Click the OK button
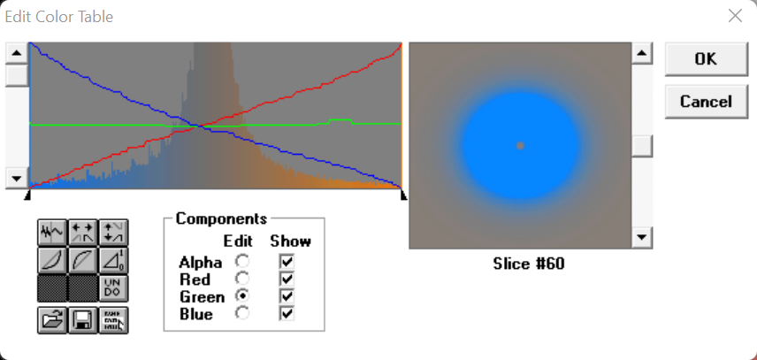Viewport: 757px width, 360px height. tap(707, 59)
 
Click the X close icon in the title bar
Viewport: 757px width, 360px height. tap(735, 16)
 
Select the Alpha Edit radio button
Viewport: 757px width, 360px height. tap(242, 262)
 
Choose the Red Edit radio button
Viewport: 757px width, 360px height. tap(242, 279)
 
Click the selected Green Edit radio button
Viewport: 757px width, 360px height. tap(242, 295)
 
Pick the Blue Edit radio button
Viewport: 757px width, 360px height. tap(242, 313)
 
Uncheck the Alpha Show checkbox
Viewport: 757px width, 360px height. tap(287, 262)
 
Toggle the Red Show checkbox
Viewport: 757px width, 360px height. tap(287, 279)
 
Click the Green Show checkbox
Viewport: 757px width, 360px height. tap(287, 295)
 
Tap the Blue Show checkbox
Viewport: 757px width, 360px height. tap(287, 313)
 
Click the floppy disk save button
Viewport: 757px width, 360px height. tap(83, 320)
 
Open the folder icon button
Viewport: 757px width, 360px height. tap(53, 320)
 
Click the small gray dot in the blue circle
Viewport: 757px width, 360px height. tap(520, 146)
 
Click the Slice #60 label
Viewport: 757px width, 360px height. tap(529, 264)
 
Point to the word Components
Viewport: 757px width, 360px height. tap(221, 218)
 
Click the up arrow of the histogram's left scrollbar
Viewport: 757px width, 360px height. tap(17, 53)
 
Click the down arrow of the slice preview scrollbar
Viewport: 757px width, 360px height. tap(642, 237)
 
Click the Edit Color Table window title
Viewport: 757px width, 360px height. tap(59, 17)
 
